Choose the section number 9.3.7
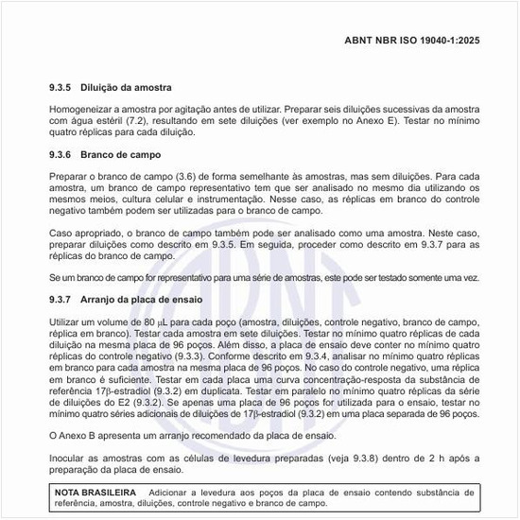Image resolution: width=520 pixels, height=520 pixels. [61, 300]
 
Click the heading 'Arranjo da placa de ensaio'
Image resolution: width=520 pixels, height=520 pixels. [145, 300]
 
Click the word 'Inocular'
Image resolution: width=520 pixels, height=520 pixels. [67, 457]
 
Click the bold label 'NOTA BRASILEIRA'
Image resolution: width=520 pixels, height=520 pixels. [95, 493]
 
